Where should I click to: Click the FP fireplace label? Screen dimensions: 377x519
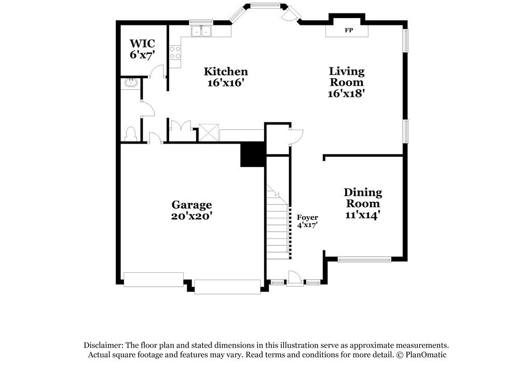(x=348, y=31)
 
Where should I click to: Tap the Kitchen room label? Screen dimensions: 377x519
(x=225, y=72)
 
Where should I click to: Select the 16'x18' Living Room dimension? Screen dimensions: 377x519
(x=346, y=94)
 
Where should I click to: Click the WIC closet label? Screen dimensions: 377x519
(x=142, y=43)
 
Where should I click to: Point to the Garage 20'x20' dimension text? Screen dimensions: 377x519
(x=192, y=216)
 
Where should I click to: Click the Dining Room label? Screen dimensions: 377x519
(x=363, y=198)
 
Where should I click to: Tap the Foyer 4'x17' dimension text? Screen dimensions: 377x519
(x=307, y=225)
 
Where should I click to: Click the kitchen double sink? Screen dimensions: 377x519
(x=201, y=32)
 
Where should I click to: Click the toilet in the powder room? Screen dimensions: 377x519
(x=130, y=134)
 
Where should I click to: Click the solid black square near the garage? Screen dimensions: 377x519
(x=252, y=155)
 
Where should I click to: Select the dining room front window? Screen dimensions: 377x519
(x=364, y=259)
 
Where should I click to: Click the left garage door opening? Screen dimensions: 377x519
(x=153, y=280)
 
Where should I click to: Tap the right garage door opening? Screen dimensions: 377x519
(x=227, y=287)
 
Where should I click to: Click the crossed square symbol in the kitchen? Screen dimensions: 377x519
(x=209, y=133)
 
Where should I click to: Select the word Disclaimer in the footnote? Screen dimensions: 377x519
(x=103, y=345)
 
